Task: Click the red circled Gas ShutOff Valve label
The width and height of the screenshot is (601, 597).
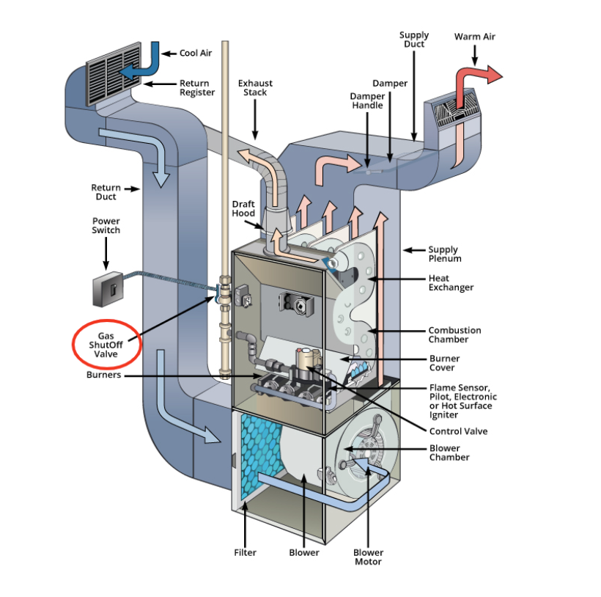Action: (x=107, y=344)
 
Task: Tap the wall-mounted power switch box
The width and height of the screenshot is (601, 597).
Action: (x=106, y=290)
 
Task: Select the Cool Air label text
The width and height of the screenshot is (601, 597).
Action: (x=196, y=54)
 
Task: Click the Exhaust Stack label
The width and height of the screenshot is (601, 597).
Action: (x=255, y=88)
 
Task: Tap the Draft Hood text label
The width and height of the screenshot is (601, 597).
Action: (x=243, y=208)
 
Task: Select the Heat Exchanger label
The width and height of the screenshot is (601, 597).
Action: (x=451, y=283)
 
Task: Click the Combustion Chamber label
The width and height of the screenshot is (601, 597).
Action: (x=454, y=335)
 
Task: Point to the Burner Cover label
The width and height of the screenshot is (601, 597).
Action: (x=444, y=363)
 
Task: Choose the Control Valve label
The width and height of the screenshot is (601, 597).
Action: (x=458, y=431)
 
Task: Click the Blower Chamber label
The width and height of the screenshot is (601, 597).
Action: (x=449, y=453)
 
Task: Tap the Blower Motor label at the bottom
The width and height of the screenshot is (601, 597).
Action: (x=368, y=557)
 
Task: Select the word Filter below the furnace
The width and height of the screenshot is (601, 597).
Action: (x=245, y=552)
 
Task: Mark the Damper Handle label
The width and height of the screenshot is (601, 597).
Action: (x=366, y=100)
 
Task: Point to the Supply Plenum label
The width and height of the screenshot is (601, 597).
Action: (x=445, y=254)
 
